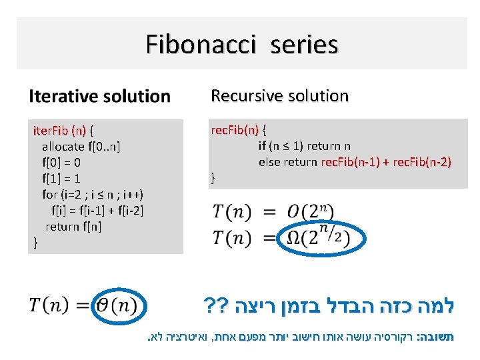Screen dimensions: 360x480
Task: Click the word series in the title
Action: click(x=304, y=45)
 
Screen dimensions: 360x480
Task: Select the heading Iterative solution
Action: click(x=99, y=96)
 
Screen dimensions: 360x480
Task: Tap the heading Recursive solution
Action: click(x=279, y=96)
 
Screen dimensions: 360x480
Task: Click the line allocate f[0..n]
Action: click(x=81, y=146)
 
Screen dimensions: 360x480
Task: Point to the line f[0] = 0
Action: click(x=61, y=162)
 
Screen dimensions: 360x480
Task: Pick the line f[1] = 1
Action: click(x=61, y=178)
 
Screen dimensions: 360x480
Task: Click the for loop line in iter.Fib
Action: click(x=93, y=194)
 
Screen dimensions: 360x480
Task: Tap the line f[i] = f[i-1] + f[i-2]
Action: click(x=97, y=210)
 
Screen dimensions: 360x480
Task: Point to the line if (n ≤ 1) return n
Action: click(x=305, y=146)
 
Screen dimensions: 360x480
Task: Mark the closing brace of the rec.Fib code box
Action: click(x=213, y=178)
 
